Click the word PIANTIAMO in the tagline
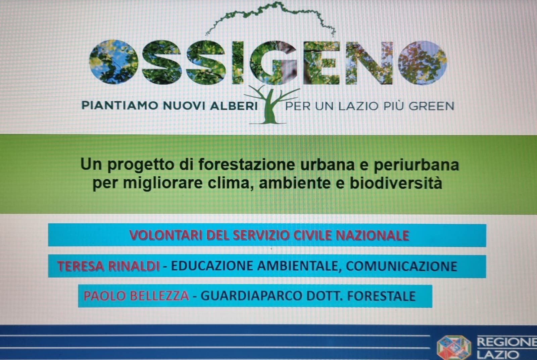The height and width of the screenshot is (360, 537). click(120, 106)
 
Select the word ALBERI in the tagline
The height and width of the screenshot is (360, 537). click(234, 106)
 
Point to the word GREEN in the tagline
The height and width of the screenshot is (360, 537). click(431, 106)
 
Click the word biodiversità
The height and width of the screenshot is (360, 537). click(396, 183)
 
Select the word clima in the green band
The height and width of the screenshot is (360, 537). click(230, 183)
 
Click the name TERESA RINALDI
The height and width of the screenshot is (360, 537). click(108, 266)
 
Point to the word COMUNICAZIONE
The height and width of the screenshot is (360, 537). click(401, 266)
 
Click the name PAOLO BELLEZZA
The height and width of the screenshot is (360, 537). click(136, 296)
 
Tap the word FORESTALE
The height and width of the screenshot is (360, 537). click(381, 296)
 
